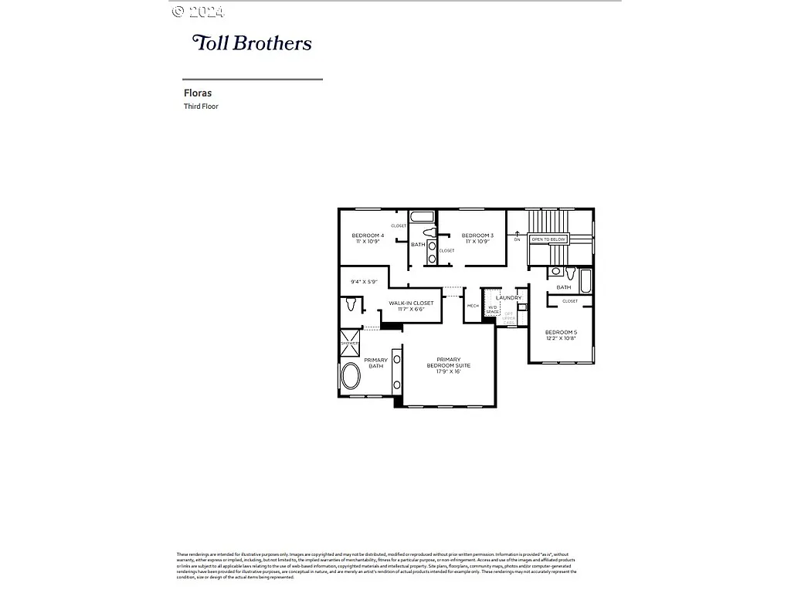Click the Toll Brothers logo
click(252, 43)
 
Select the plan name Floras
click(198, 93)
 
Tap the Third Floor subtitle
click(201, 107)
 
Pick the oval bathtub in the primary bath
click(350, 378)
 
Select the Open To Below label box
click(548, 239)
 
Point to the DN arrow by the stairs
click(517, 235)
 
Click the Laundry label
click(508, 297)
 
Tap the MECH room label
click(473, 306)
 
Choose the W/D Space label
click(493, 310)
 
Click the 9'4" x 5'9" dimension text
click(362, 282)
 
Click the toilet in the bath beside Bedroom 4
click(431, 232)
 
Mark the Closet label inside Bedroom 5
click(570, 301)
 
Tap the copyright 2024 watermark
click(198, 12)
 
